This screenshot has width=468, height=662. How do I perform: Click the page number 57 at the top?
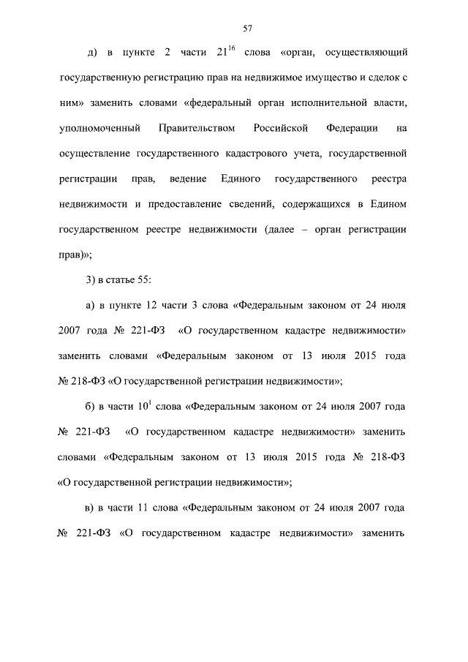[x=247, y=29]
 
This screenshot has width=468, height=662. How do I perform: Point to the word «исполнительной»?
[x=329, y=103]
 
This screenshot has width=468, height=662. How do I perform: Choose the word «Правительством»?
[x=197, y=129]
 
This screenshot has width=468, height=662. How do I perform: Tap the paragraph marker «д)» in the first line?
[x=92, y=53]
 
